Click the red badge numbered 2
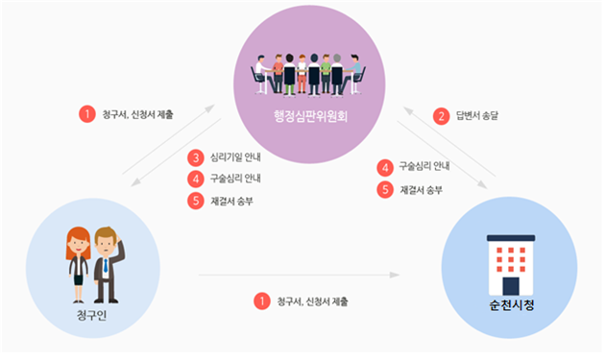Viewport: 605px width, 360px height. (x=442, y=116)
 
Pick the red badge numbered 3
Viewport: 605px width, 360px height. (x=195, y=157)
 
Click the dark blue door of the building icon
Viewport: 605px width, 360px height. (x=510, y=285)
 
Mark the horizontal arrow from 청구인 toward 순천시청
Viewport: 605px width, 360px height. (x=298, y=276)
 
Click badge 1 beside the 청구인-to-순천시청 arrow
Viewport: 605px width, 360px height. (x=261, y=301)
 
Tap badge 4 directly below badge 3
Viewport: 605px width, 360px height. (x=195, y=179)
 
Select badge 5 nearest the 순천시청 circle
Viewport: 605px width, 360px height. (x=386, y=189)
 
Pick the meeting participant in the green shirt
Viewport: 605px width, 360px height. (x=326, y=71)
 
